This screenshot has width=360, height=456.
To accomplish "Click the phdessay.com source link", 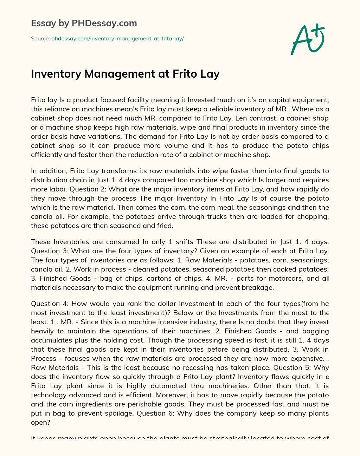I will pos(117,39).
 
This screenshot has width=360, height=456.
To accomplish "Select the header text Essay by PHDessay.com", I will pos(84,24).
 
